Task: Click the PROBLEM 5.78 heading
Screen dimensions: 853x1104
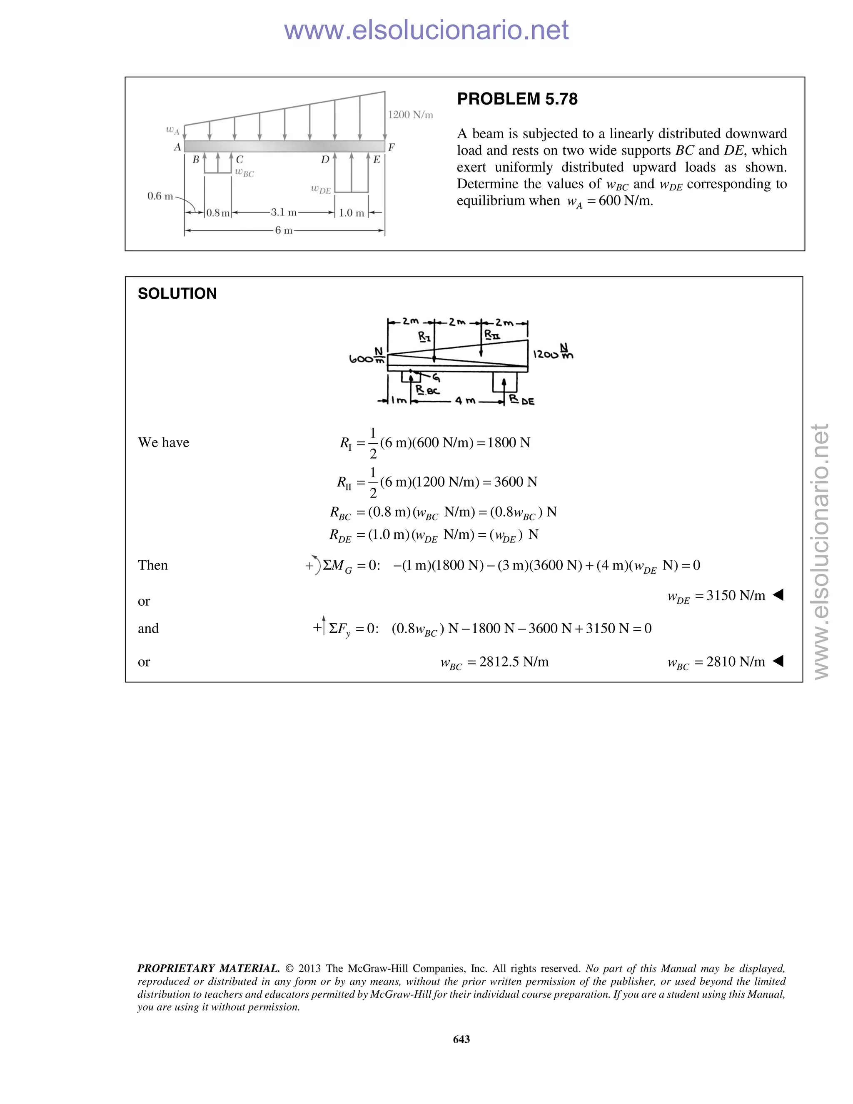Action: coord(517,99)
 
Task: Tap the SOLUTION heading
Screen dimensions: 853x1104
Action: coord(177,294)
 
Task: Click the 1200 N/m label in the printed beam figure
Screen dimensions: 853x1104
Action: coord(410,115)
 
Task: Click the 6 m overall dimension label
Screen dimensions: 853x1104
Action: coord(284,230)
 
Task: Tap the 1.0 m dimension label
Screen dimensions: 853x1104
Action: coord(351,213)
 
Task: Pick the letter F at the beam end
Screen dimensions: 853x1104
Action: coord(391,147)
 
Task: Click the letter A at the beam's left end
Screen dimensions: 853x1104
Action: coord(177,147)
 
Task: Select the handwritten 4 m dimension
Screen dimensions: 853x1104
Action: coord(465,401)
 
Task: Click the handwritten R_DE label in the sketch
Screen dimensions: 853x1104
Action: coord(521,400)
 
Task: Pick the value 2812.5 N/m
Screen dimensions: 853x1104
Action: coord(514,662)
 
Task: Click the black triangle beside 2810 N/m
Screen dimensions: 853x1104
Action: coord(778,661)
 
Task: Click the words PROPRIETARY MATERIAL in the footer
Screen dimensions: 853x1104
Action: coord(208,969)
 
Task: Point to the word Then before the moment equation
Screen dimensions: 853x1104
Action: coord(152,565)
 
